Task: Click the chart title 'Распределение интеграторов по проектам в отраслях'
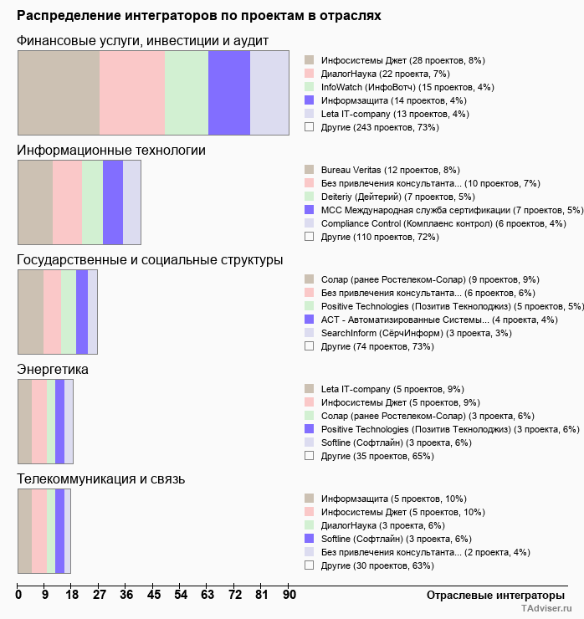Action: (199, 16)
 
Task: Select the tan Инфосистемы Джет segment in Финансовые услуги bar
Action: (59, 92)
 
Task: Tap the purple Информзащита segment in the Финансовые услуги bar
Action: (229, 92)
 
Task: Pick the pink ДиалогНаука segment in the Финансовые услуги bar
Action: (132, 92)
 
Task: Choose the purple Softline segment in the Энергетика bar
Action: (69, 421)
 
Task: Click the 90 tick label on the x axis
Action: (289, 595)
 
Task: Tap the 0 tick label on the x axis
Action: (18, 595)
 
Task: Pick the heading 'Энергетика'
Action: (53, 369)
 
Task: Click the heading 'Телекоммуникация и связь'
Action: (101, 478)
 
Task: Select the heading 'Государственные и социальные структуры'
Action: (150, 260)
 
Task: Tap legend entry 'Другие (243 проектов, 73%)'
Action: (380, 127)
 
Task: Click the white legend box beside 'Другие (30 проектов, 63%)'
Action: (309, 565)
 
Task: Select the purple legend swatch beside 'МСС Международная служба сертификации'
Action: (309, 210)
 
